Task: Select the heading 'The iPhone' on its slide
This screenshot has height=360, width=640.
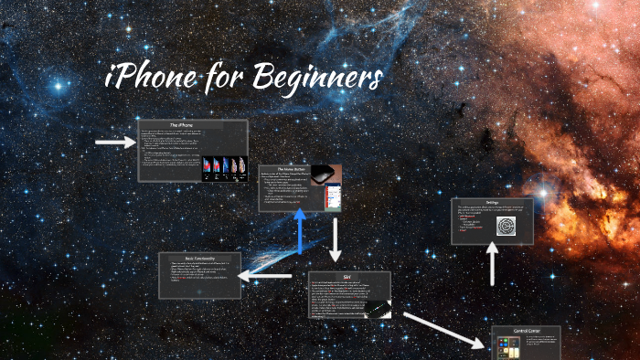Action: [x=192, y=125]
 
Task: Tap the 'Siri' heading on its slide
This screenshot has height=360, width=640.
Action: [x=348, y=277]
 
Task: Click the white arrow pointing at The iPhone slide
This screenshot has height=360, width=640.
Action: [x=114, y=142]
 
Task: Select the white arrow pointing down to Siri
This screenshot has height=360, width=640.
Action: [x=336, y=239]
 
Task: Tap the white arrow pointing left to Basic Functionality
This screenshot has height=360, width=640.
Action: [x=267, y=275]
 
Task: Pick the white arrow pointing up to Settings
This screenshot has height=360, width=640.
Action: [x=492, y=265]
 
